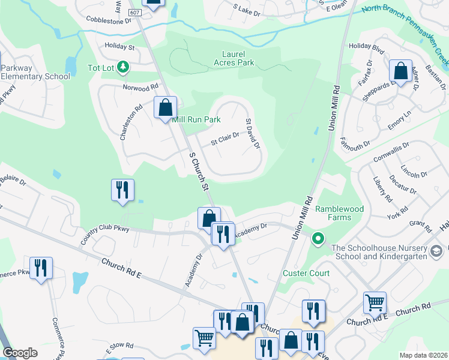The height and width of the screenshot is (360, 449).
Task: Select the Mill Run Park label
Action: pos(197,119)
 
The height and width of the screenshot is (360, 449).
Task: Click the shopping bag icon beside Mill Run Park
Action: pos(166,108)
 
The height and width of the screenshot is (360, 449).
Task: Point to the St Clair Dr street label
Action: pos(225,139)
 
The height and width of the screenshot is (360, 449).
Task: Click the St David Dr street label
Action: pos(252,133)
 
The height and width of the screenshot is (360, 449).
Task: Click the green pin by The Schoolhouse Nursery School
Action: pos(318,239)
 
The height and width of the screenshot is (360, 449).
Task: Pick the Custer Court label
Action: pos(306,273)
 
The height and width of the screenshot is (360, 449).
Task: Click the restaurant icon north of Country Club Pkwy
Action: pos(122,190)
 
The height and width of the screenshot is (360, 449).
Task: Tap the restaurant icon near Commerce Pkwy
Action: pos(41,268)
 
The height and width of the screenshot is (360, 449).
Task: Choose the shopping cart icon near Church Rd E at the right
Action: pos(375,302)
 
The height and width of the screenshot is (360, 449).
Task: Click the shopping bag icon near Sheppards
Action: pos(400,71)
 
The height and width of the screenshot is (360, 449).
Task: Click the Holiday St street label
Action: pos(119,46)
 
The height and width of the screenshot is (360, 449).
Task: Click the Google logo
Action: pos(20,353)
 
